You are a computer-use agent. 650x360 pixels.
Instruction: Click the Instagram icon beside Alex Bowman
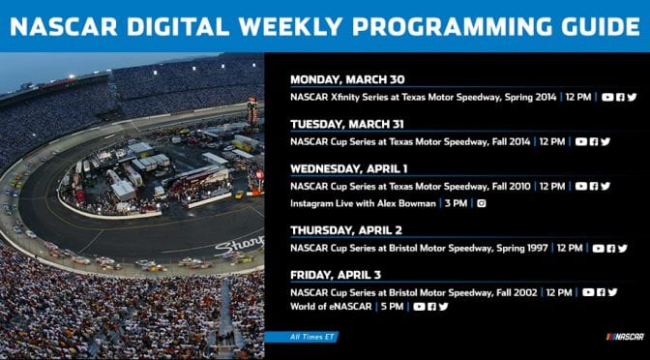481,203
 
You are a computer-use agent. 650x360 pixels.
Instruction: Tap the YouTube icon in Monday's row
607,97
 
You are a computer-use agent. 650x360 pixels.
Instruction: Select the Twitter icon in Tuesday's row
606,141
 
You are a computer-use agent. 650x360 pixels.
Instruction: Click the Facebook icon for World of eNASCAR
431,307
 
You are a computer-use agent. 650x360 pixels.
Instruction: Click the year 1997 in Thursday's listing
532,248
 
